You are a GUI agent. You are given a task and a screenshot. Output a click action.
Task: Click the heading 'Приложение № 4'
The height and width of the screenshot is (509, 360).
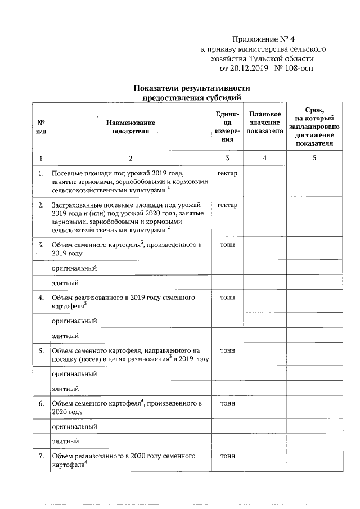[264, 39]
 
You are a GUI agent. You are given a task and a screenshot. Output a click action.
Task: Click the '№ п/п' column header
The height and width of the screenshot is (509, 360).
[41, 127]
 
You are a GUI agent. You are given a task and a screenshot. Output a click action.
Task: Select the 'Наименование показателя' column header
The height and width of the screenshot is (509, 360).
[130, 127]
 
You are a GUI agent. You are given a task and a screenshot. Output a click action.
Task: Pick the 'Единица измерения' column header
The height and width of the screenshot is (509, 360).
[227, 127]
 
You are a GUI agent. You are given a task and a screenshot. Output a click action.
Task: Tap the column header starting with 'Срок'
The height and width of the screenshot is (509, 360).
[314, 127]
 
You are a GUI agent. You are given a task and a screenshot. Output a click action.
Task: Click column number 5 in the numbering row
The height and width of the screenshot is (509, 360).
[314, 158]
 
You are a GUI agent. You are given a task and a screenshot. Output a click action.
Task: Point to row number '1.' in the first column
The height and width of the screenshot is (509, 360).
[41, 173]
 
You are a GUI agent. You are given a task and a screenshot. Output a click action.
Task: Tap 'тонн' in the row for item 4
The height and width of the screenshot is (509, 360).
[227, 297]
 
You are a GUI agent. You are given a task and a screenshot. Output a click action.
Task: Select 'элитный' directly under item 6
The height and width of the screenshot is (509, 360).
[65, 441]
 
